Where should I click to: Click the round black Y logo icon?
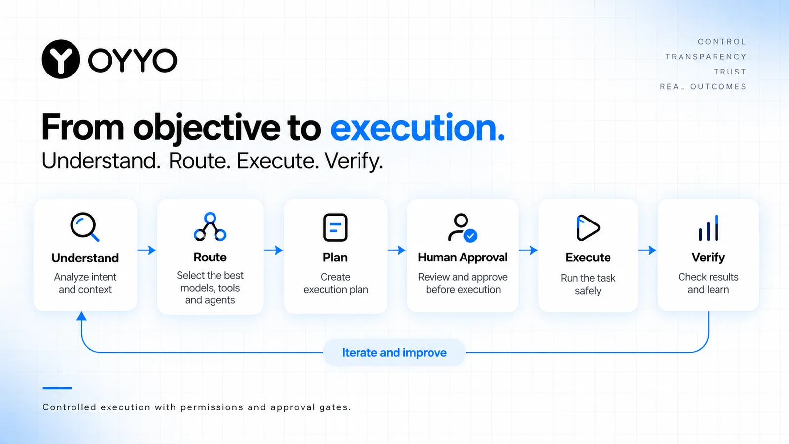[61, 59]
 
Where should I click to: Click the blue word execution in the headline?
[417, 128]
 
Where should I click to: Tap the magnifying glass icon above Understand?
[84, 226]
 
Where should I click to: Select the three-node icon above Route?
[210, 226]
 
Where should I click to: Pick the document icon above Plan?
[335, 227]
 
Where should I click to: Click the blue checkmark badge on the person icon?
[470, 236]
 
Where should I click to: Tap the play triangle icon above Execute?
[588, 227]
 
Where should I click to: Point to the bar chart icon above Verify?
[708, 227]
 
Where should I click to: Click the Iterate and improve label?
[394, 352]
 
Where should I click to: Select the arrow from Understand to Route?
[146, 250]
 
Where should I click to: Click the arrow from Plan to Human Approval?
[396, 250]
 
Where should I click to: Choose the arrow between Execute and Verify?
[647, 250]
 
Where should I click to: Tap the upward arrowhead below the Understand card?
[81, 316]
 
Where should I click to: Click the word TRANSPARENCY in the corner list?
[706, 57]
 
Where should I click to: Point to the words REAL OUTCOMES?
[703, 87]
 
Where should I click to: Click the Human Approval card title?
[463, 258]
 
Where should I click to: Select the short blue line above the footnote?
[57, 388]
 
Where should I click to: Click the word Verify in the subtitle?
[354, 161]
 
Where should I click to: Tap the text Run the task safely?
[588, 284]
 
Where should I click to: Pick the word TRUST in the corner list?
[730, 72]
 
